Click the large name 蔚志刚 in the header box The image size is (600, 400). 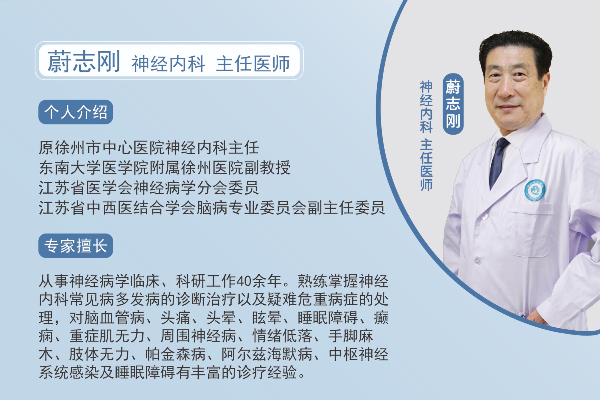pos(84,61)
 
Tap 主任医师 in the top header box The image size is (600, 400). pos(253,63)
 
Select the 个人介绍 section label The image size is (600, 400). pos(76,112)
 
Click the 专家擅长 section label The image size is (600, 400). pos(76,246)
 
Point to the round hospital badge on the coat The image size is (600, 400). pos(535,190)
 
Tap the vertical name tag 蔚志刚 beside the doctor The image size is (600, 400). pos(453,104)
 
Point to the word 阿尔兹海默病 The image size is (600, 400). pos(267,355)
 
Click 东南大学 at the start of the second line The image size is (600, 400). pos(70,168)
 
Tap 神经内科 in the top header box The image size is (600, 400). pos(168,63)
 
